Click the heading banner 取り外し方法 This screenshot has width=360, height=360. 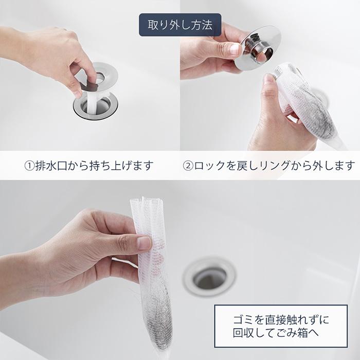pyautogui.click(x=180, y=25)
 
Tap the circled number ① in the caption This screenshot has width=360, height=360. pyautogui.click(x=30, y=166)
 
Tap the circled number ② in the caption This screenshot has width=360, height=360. pyautogui.click(x=188, y=166)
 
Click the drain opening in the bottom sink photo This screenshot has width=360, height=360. pyautogui.click(x=209, y=278)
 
